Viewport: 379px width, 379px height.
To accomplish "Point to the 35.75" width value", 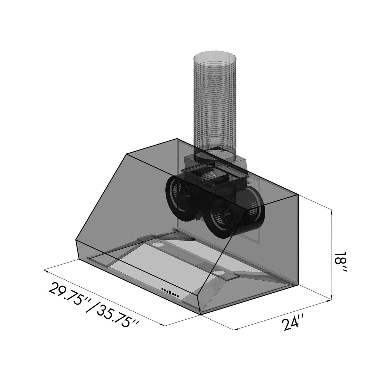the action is point(118,319).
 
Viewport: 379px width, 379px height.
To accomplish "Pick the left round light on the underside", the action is point(158,244).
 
